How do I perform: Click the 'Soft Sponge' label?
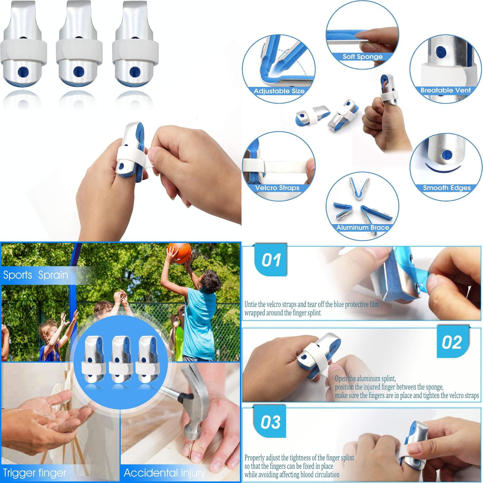point(362,57)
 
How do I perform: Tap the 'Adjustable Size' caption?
point(279,91)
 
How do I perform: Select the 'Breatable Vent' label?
point(446,90)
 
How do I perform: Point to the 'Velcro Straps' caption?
point(277,188)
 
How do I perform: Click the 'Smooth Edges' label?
point(447,188)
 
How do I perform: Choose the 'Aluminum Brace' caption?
point(363,228)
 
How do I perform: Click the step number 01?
point(271,260)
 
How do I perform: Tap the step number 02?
point(451,342)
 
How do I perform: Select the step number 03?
point(270,422)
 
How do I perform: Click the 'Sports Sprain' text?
point(35,275)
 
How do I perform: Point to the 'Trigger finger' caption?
point(34,473)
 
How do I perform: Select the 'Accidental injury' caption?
point(164,473)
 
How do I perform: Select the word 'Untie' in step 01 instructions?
point(251,304)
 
